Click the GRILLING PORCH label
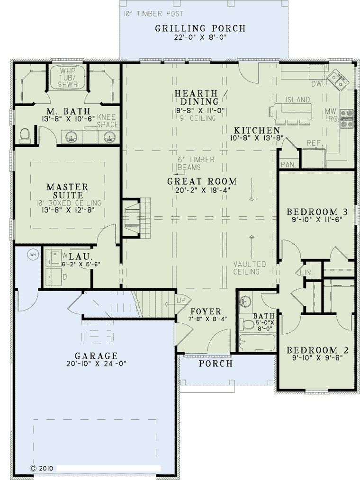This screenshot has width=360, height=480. point(200,28)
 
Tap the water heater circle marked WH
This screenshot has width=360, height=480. point(33,254)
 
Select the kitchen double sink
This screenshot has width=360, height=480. point(338,80)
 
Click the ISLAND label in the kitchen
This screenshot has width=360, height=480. point(298,100)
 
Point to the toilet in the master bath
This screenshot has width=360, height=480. point(25,135)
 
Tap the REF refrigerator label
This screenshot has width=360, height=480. point(314,143)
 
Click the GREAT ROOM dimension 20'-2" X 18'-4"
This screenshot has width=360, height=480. point(203,190)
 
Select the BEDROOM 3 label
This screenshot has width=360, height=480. point(317,212)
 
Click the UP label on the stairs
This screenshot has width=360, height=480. point(181,301)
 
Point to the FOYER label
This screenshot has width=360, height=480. point(206,311)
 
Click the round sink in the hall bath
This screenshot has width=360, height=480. point(245,301)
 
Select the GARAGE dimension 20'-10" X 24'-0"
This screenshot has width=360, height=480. point(96,364)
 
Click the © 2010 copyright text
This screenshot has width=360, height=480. point(41,468)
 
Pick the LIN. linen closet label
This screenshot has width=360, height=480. point(306,272)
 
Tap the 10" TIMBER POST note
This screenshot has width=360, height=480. point(153,14)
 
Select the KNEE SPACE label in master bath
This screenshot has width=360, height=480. point(108,121)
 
